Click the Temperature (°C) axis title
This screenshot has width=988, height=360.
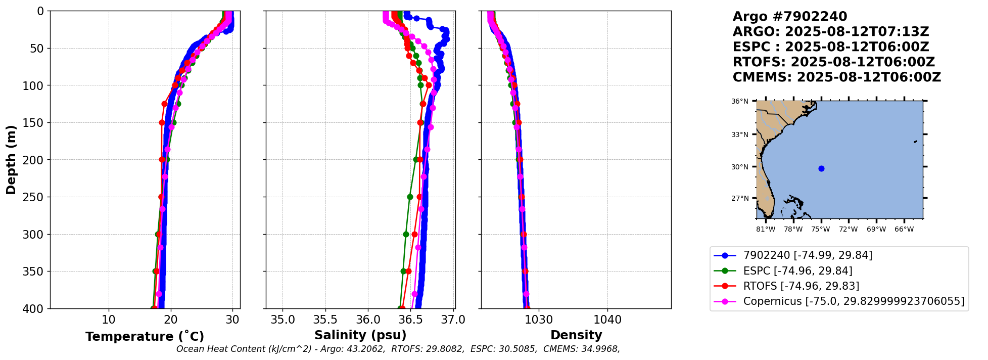point(145,336)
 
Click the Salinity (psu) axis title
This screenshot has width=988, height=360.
point(360,335)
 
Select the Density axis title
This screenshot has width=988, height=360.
point(576,335)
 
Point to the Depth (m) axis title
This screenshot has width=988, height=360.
point(11,160)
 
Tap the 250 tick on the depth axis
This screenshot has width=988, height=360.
point(35,197)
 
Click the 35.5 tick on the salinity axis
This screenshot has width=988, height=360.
point(325,320)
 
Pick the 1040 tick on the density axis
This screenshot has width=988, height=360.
point(607,320)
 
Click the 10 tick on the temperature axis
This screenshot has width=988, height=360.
point(109,320)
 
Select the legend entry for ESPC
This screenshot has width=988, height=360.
point(797,271)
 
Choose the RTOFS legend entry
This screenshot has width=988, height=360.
point(801,286)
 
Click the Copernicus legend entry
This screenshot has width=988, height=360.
point(854,302)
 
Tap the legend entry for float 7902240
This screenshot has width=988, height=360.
point(808,255)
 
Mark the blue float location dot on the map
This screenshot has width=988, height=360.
point(821,168)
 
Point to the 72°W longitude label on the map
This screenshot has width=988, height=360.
point(849,230)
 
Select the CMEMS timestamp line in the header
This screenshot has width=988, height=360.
point(836,77)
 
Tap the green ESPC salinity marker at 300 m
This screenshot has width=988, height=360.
point(406,234)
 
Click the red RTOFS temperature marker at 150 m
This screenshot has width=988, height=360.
point(162,122)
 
